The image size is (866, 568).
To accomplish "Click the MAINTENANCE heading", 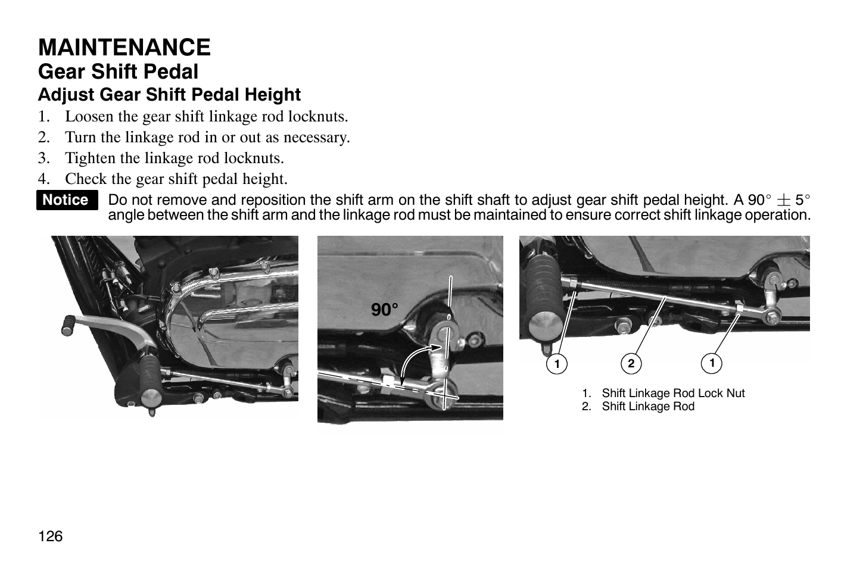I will [124, 48].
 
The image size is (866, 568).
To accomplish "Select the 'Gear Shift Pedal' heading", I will [118, 72].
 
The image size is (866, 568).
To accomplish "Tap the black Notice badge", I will [66, 200].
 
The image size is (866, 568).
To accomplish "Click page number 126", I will [51, 536].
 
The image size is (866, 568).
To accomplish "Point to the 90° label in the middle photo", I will [385, 310].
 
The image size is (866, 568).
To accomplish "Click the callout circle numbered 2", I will [631, 363].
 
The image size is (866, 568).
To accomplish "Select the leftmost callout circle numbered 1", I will [557, 363].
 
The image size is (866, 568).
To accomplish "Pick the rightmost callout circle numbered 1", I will [711, 362].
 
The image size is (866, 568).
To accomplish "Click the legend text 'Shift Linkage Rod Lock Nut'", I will [673, 393].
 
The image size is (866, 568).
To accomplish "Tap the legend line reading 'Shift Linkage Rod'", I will [648, 407].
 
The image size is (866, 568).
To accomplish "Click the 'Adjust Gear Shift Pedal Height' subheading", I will [169, 95].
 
